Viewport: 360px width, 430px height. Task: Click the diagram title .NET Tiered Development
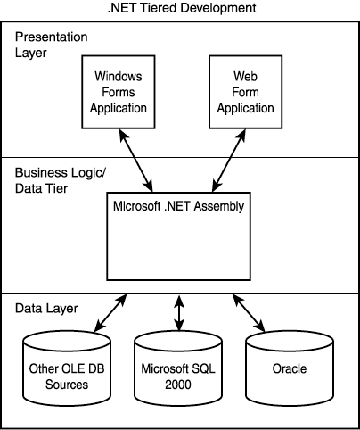tap(182, 8)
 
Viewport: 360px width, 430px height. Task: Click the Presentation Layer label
tap(52, 45)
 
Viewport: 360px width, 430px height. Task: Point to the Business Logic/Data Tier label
tap(61, 180)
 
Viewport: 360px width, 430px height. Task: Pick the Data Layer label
tap(46, 309)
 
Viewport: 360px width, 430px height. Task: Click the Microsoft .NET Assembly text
tap(178, 206)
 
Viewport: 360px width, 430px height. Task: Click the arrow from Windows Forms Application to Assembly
tap(136, 161)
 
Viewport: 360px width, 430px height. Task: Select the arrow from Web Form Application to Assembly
tap(229, 161)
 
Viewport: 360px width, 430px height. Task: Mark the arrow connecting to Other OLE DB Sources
tap(110, 313)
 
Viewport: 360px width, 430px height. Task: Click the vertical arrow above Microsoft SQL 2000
tap(179, 313)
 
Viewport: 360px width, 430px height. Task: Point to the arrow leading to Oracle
tap(249, 313)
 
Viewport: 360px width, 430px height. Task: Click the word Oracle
tap(290, 368)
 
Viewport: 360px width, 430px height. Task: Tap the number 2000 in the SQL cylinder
tap(178, 385)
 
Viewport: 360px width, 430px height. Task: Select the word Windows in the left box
tap(119, 76)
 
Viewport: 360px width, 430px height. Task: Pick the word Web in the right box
tap(245, 76)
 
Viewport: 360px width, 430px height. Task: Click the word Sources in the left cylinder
tap(67, 385)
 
